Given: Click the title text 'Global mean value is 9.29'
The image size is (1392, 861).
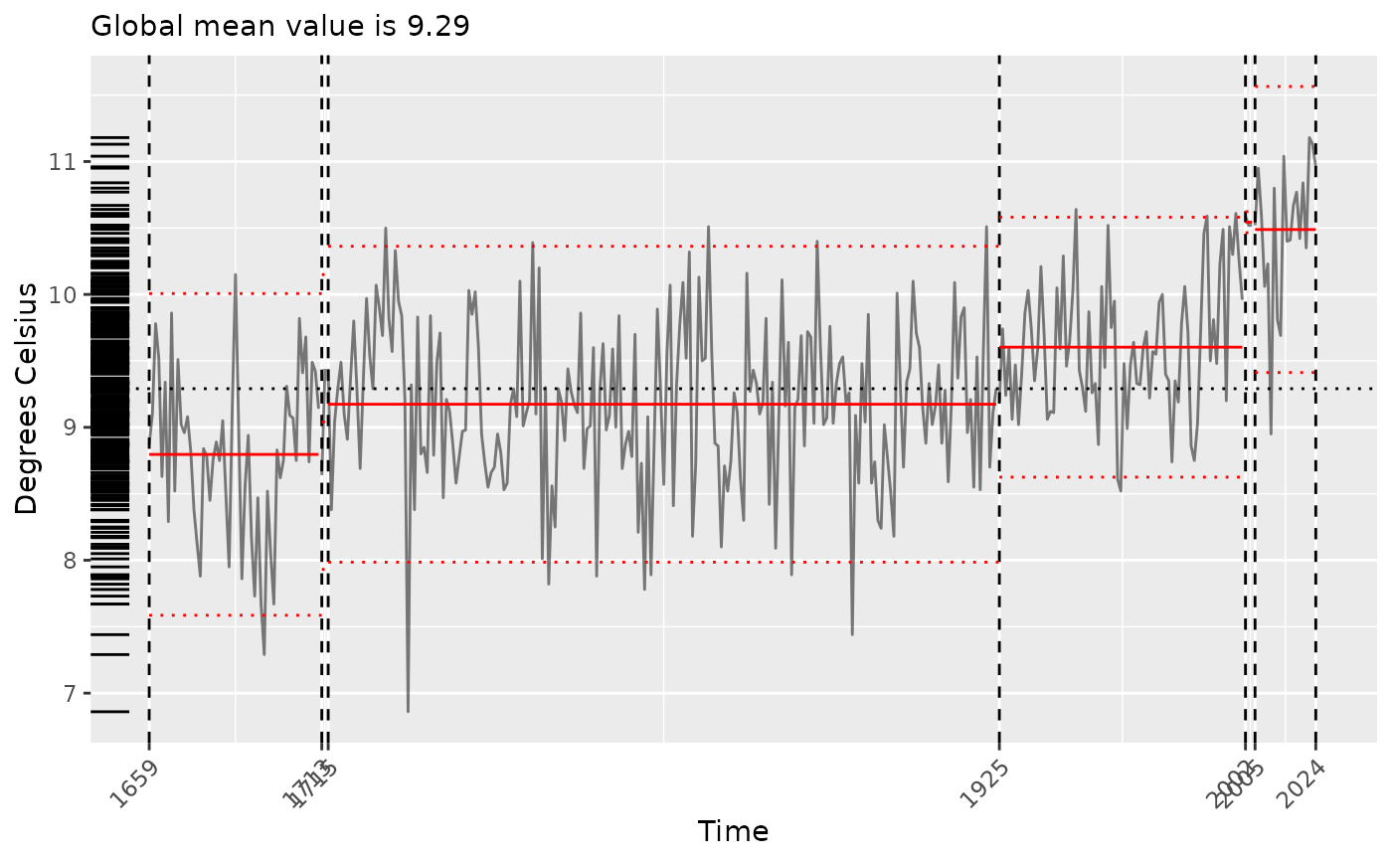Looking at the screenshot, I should [279, 26].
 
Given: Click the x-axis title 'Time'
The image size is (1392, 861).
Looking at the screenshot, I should [733, 831].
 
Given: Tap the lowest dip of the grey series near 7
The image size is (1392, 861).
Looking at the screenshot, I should [408, 711].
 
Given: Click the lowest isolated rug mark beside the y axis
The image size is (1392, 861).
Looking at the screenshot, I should [109, 712].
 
